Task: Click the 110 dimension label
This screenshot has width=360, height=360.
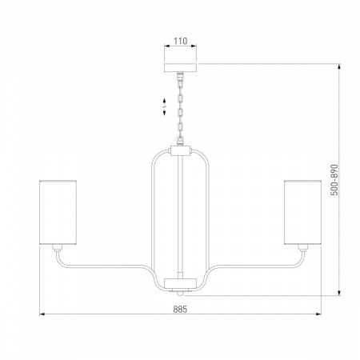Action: pos(181,41)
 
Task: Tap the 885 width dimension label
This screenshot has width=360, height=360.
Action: pos(180,310)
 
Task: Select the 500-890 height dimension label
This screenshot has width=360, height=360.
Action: pos(334,180)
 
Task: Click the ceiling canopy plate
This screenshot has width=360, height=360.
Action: pos(180,68)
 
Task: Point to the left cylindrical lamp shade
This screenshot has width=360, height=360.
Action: pos(58,212)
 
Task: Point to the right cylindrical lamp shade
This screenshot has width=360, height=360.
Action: pos(302,212)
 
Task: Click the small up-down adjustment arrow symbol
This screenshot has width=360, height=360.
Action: pos(164,106)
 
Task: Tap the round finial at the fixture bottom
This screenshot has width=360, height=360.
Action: pos(181,294)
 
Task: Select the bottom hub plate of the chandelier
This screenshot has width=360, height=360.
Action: pos(180,284)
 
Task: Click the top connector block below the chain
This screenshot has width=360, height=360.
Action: pos(180,151)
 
